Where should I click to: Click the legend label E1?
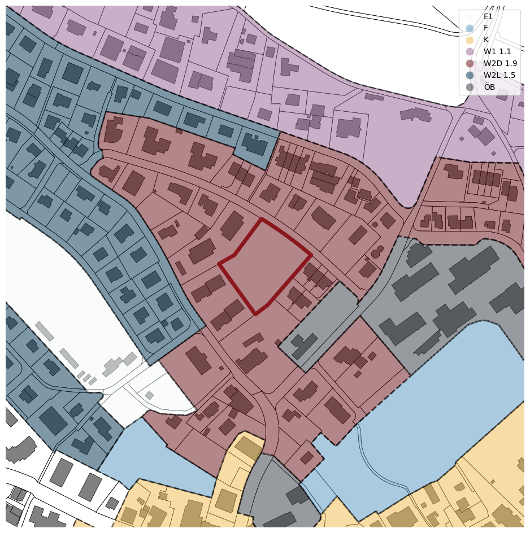click(x=488, y=16)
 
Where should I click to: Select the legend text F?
click(x=485, y=28)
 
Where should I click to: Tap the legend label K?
click(x=486, y=40)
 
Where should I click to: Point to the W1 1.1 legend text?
click(x=497, y=52)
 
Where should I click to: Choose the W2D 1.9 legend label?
click(x=500, y=64)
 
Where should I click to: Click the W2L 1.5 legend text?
click(x=499, y=75)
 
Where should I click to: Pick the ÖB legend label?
click(x=489, y=87)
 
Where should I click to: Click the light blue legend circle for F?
click(x=470, y=28)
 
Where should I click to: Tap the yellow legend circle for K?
click(x=470, y=40)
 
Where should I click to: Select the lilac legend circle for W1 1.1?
click(x=470, y=52)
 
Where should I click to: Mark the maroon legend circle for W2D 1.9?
click(x=470, y=64)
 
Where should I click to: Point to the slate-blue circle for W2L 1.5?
click(x=470, y=75)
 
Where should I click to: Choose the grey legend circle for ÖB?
click(x=470, y=87)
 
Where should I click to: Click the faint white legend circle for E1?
click(x=470, y=16)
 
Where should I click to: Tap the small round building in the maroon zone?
click(x=375, y=224)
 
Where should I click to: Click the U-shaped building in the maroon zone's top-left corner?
click(x=114, y=130)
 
